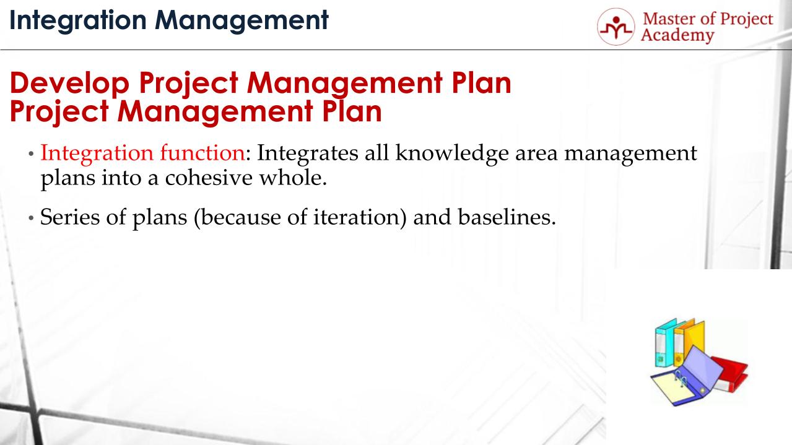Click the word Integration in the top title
[78, 20]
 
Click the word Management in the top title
[242, 20]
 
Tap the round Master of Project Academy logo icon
[616, 27]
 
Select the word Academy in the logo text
[677, 36]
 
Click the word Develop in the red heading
[69, 84]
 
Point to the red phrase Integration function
[143, 153]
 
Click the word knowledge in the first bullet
[452, 153]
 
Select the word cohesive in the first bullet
[209, 178]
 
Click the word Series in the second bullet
[70, 217]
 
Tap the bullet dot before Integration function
[31, 154]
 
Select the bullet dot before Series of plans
[31, 218]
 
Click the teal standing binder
[664, 342]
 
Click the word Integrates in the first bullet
[308, 153]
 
